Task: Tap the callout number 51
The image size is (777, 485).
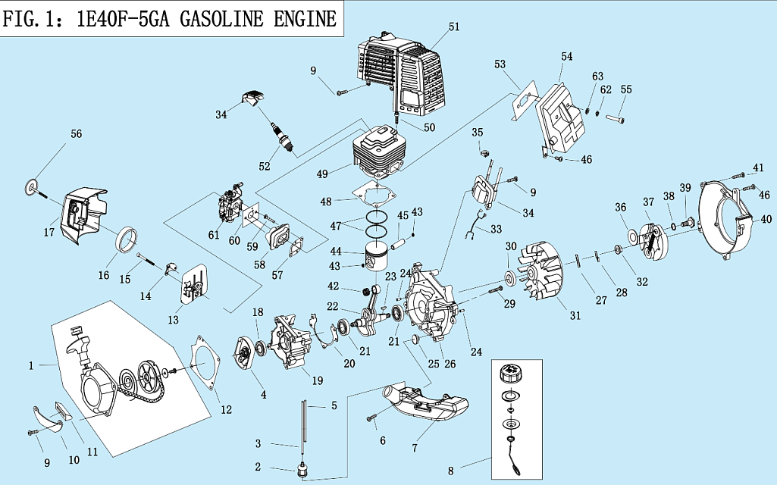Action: tap(454, 27)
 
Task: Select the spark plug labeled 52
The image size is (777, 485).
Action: tap(284, 136)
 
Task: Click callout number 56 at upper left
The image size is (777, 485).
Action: tap(76, 133)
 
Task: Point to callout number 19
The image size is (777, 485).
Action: tap(318, 380)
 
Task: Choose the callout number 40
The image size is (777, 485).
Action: tap(766, 220)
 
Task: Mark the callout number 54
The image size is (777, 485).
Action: tap(567, 57)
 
